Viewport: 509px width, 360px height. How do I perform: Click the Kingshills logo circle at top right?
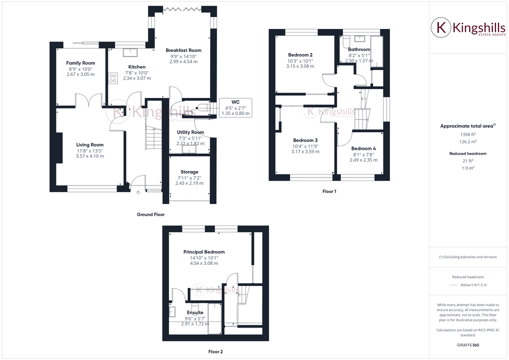pyautogui.click(x=441, y=28)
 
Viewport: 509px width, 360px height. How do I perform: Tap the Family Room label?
pyautogui.click(x=80, y=63)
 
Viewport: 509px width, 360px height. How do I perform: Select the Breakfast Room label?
pyautogui.click(x=183, y=50)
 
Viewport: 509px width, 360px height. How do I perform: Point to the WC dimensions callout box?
pyautogui.click(x=235, y=107)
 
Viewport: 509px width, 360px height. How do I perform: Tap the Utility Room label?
pyautogui.click(x=190, y=132)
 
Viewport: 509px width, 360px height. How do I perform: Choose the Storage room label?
pyautogui.click(x=189, y=172)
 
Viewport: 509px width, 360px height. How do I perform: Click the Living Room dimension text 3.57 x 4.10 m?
pyautogui.click(x=90, y=156)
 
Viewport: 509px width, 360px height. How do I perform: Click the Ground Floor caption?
pyautogui.click(x=150, y=214)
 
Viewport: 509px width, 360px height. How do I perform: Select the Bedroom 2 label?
pyautogui.click(x=300, y=54)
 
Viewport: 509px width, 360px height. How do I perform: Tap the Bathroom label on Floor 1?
pyautogui.click(x=359, y=49)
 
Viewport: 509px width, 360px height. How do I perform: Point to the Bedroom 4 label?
pyautogui.click(x=363, y=148)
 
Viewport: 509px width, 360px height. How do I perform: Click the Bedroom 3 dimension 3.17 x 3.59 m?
pyautogui.click(x=305, y=151)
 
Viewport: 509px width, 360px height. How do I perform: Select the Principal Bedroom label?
pyautogui.click(x=203, y=251)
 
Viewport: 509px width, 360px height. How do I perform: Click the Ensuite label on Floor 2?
pyautogui.click(x=194, y=312)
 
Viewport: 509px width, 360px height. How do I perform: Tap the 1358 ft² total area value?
pyautogui.click(x=467, y=134)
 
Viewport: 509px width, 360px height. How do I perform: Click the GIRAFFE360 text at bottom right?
pyautogui.click(x=467, y=345)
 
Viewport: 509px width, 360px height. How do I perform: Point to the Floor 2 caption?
pyautogui.click(x=215, y=351)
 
